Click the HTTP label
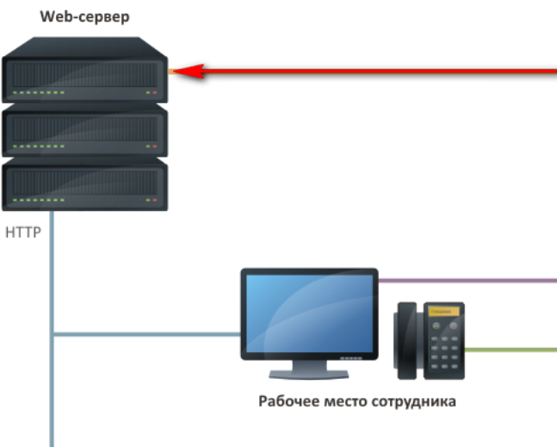click(24, 232)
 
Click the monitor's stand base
click(309, 374)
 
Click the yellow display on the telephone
click(442, 310)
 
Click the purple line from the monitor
click(465, 280)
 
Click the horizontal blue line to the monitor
click(146, 334)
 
